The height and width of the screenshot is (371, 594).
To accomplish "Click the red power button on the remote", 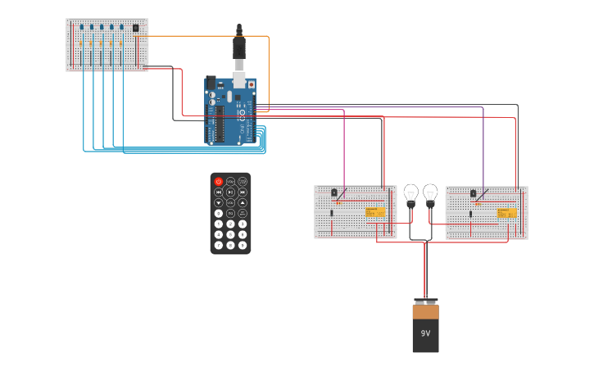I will [x=218, y=181].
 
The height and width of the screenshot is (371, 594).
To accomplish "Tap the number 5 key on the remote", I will [x=230, y=224].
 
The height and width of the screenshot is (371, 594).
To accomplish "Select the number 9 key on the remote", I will [x=243, y=234].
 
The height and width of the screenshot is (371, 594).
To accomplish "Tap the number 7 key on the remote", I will [x=218, y=234].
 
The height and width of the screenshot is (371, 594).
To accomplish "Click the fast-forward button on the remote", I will [x=243, y=192].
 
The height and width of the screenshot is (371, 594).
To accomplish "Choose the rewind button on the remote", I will [x=218, y=192].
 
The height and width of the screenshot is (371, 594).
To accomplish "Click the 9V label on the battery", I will [x=425, y=333].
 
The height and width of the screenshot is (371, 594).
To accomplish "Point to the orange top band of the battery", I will [x=425, y=312].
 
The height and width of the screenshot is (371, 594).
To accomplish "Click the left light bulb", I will [x=411, y=195].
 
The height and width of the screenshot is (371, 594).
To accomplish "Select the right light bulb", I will [x=430, y=195].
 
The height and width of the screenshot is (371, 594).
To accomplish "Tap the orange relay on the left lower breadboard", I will [x=375, y=213].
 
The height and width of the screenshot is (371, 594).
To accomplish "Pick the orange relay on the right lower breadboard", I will [x=506, y=213].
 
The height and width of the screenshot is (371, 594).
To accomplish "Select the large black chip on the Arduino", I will [x=220, y=124].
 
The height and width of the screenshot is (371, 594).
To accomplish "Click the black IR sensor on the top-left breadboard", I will [x=136, y=28].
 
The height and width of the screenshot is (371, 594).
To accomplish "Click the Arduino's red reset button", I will [x=251, y=84].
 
